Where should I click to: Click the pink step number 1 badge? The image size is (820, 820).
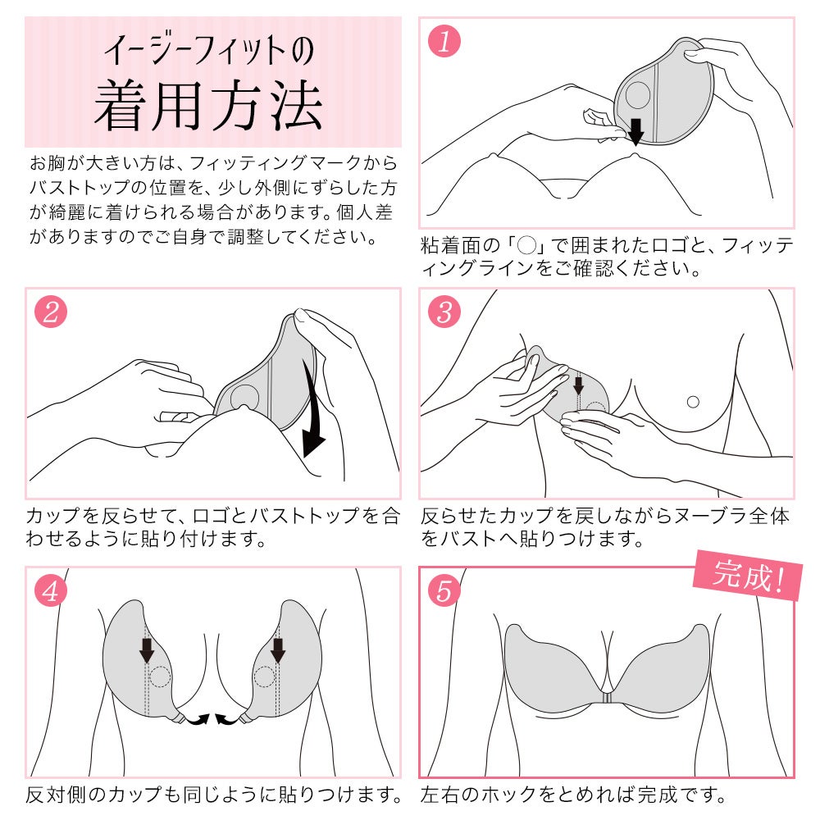pos(445,42)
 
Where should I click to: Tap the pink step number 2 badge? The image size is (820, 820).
pos(51,312)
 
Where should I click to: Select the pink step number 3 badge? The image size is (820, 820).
pos(445,312)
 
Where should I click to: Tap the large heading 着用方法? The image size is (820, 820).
pos(208,107)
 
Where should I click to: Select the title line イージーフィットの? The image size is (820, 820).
pos(208,50)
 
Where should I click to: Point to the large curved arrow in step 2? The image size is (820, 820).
pos(317,410)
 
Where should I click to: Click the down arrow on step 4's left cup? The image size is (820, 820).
pos(147,649)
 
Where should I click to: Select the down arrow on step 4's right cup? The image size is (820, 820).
pos(278,649)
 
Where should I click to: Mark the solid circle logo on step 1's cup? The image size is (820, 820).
pos(638,97)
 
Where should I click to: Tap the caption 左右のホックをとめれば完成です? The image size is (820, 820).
pos(573,795)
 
